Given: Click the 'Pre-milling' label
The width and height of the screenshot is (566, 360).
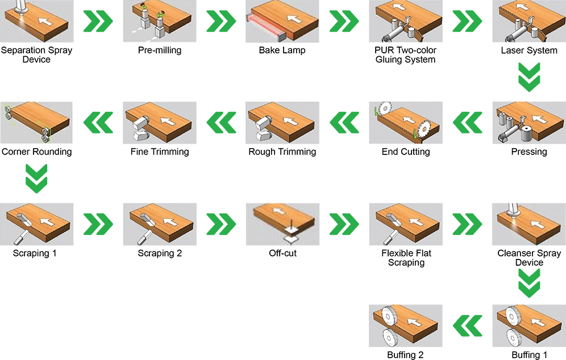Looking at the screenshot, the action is (160, 51).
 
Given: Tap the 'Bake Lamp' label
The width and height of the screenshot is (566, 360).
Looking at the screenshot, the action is (282, 50).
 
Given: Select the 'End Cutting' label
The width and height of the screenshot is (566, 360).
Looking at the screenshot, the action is (406, 152).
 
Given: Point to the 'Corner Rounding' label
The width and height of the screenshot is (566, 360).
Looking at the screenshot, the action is (36, 152).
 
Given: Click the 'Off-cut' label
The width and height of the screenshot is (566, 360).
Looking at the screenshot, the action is (282, 253).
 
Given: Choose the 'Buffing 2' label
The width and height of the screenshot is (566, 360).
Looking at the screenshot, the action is (405, 355).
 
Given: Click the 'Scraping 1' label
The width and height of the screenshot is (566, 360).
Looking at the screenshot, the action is (35, 253).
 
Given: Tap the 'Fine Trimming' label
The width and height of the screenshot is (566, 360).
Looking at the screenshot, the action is (160, 152).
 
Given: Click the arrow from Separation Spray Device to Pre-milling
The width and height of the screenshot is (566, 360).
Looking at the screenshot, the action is (98, 21).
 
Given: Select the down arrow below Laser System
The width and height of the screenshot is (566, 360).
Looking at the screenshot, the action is (529, 77).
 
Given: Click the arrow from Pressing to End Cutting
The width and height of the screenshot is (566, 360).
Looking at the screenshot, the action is (468, 123).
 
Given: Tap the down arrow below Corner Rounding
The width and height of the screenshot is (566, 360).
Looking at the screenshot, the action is (36, 178).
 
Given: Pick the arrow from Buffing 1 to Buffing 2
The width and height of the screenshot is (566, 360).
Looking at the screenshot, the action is (468, 326).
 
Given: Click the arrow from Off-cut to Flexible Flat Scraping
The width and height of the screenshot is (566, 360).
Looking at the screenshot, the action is (344, 224).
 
